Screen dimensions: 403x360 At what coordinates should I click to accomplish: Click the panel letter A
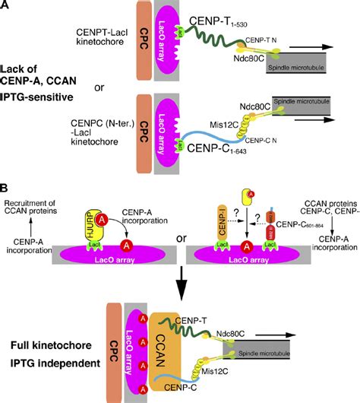(x=6, y=7)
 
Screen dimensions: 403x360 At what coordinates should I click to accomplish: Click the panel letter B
(x=6, y=186)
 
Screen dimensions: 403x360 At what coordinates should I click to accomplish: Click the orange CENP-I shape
(x=213, y=228)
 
